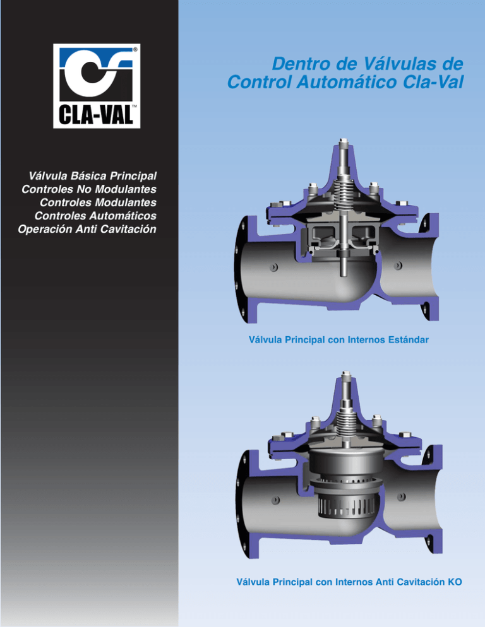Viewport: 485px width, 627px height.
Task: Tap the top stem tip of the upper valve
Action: coord(342,140)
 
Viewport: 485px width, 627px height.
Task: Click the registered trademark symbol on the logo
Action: coord(136,49)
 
